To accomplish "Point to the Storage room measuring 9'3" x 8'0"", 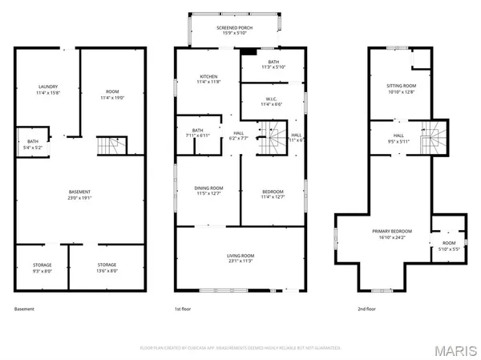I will click(42, 268).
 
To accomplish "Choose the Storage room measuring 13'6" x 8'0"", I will click(107, 268).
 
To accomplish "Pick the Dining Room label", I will click(208, 191).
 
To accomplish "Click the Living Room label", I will click(240, 257).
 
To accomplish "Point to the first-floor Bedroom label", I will click(273, 191).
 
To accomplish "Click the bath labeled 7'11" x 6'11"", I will click(196, 133).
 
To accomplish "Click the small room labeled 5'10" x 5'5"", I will click(448, 245).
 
